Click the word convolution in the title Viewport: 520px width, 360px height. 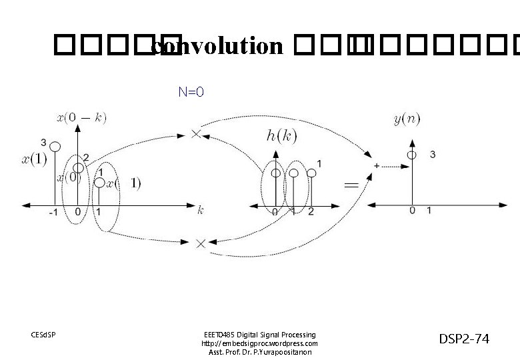click(217, 47)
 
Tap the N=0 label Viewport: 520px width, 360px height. click(191, 92)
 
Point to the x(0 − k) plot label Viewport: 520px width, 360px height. click(82, 118)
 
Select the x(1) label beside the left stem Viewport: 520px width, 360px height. click(34, 159)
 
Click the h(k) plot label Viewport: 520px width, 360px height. click(282, 136)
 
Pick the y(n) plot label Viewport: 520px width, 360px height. click(407, 119)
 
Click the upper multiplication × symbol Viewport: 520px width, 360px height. click(196, 134)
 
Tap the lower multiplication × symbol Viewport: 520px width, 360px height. click(201, 244)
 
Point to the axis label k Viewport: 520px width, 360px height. click(200, 211)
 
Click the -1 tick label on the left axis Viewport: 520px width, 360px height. click(53, 213)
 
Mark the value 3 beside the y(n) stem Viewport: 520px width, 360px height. click(432, 155)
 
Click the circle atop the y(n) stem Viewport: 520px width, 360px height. click(413, 155)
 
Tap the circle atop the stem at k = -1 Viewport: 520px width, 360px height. click(56, 147)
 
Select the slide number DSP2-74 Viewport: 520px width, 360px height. click(463, 339)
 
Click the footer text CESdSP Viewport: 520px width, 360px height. click(43, 334)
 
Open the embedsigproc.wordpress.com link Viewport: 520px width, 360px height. click(259, 343)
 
